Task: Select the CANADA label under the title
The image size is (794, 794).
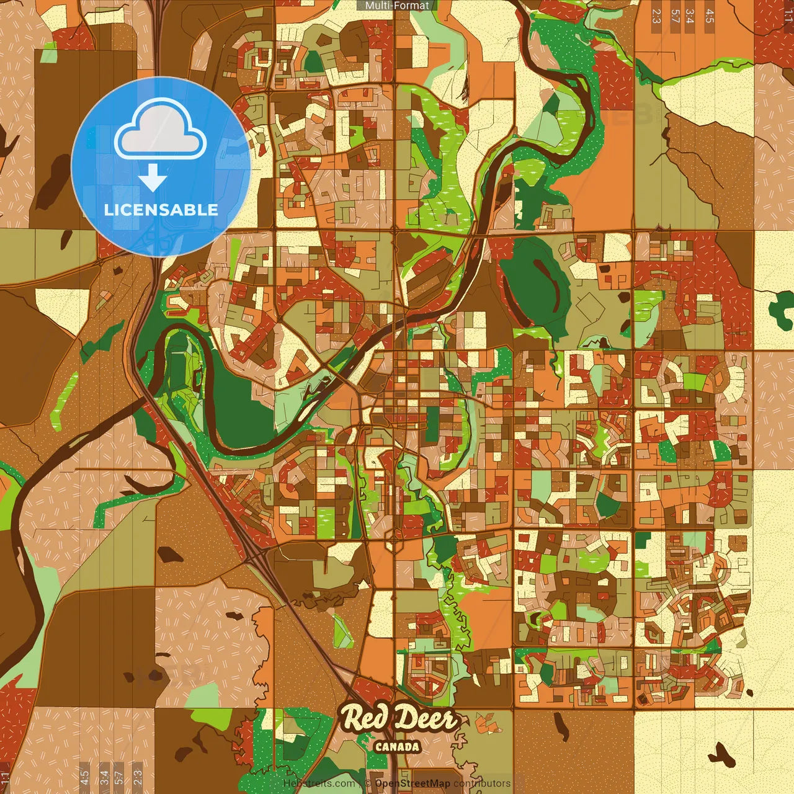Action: point(397,747)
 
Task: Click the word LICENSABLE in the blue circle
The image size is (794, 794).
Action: point(161,210)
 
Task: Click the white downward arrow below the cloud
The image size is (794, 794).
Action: point(152,179)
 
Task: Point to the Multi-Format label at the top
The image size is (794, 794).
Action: point(397,6)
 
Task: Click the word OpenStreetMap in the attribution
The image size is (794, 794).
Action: point(413,783)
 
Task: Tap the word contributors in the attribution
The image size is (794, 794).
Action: point(482,783)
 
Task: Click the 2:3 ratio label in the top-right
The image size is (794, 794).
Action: point(656,16)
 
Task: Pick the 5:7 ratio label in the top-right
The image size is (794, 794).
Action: point(675,16)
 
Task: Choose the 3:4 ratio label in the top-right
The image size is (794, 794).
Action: point(690,16)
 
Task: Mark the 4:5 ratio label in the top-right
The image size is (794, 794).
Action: point(710,16)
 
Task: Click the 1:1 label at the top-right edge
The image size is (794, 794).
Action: point(788,16)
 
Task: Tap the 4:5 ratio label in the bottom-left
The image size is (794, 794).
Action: point(84,777)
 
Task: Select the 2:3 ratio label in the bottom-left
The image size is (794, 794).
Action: point(138,777)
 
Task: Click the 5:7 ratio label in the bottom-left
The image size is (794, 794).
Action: point(119,777)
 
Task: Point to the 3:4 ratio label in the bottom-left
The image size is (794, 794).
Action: point(104,777)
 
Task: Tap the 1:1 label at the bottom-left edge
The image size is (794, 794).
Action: point(6,778)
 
